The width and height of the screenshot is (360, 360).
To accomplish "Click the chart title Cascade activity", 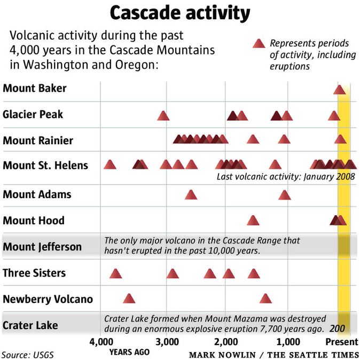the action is coord(180,13).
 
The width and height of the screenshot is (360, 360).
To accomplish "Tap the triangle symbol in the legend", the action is coord(259,43).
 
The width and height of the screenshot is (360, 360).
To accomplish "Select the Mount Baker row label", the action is coord(35,88).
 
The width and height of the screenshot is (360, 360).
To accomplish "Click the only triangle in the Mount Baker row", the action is coord(339,90).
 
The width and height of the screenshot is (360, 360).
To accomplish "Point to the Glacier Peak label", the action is coord(33,114).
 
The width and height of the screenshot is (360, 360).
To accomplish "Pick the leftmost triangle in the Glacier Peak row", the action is coord(163,115).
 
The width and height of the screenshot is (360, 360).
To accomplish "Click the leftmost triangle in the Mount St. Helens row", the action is coord(109,165).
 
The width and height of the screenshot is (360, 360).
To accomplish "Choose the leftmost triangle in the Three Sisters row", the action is coord(115,273).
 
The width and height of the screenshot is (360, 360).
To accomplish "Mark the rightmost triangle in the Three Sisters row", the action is coord(254,273).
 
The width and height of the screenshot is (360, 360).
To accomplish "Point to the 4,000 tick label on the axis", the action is coord(101,342).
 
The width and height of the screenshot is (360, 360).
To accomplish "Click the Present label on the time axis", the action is coord(342,342).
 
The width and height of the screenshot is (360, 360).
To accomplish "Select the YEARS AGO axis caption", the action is coord(129,352).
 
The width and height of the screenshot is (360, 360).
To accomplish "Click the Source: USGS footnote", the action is coord(28,355).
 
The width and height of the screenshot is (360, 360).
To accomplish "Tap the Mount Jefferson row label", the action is coord(42,247).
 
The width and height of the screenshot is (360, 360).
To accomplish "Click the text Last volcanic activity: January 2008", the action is coord(286,177).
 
